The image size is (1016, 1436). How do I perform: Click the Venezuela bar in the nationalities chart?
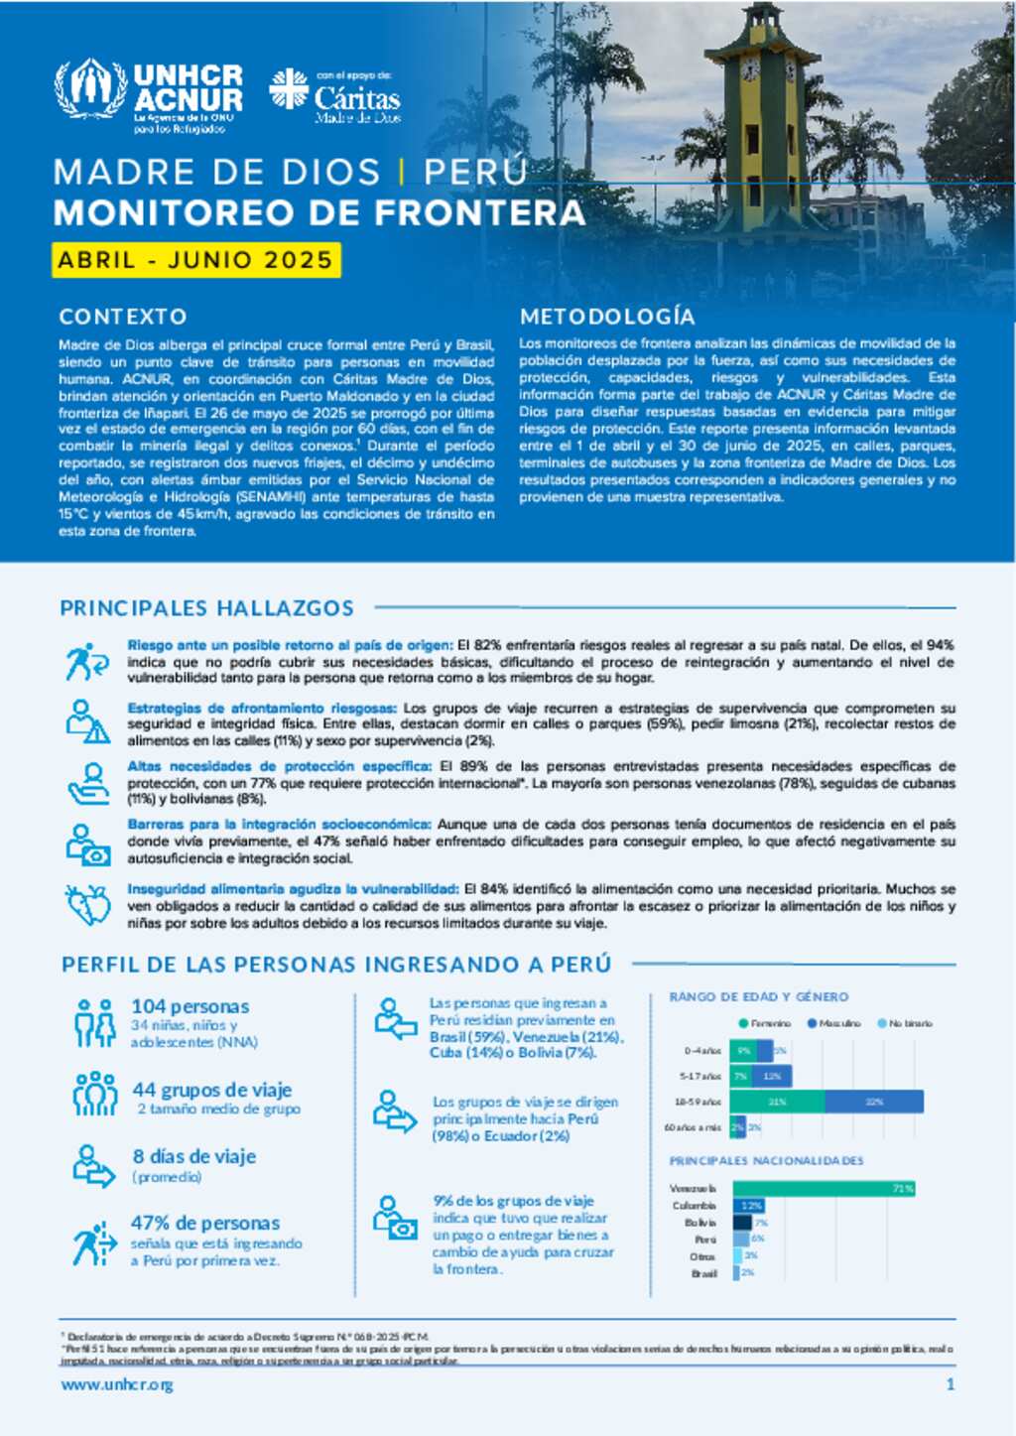tap(824, 1188)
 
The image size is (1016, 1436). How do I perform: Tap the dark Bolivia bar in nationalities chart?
tap(742, 1223)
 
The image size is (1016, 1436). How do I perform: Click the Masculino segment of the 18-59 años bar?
tap(873, 1102)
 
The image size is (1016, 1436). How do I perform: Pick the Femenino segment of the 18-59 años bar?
tap(778, 1102)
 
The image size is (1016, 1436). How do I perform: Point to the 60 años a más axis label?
tap(693, 1127)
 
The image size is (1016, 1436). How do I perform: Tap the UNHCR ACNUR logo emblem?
tap(90, 89)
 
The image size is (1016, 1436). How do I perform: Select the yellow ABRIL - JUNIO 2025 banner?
tap(195, 260)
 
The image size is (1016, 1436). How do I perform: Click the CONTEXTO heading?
tap(123, 317)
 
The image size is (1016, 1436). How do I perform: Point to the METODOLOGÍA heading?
tap(607, 317)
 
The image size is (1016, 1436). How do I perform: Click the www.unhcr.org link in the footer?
tap(117, 1384)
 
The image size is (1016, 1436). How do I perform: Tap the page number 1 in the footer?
tap(951, 1384)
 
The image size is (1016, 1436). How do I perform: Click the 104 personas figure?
tap(190, 1006)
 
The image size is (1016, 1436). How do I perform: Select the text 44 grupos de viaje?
tap(212, 1090)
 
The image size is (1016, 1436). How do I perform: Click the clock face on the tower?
tap(750, 69)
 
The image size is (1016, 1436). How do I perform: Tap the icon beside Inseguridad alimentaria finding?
tap(88, 905)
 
